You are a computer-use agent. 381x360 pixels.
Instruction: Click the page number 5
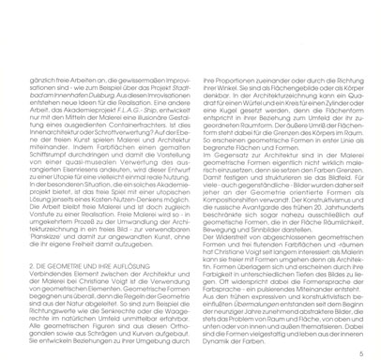tap(359, 329)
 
